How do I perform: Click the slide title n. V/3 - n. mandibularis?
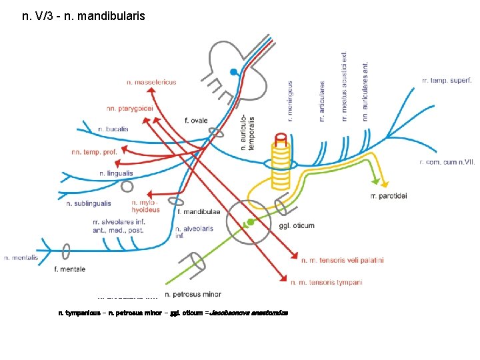coord(83,15)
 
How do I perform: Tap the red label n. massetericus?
coord(151,82)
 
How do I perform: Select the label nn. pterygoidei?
coord(129,108)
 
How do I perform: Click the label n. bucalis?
coord(113,129)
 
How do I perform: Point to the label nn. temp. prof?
coord(94,152)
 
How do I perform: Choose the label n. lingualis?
coord(116,173)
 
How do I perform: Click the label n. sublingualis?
coord(89,203)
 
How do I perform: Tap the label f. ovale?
coord(196,121)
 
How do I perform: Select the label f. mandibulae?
coord(199,212)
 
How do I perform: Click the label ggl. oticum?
coord(297,225)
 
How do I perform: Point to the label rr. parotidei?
coord(388,195)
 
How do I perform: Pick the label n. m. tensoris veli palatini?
coord(343,260)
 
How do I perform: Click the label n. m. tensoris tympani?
coord(327,283)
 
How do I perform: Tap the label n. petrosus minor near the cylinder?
coord(193,294)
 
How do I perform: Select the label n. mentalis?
coord(21,257)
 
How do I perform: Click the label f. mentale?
coord(69,269)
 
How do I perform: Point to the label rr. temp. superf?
coord(447,80)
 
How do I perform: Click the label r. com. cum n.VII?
coord(447,161)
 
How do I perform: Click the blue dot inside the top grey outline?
coord(233,72)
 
